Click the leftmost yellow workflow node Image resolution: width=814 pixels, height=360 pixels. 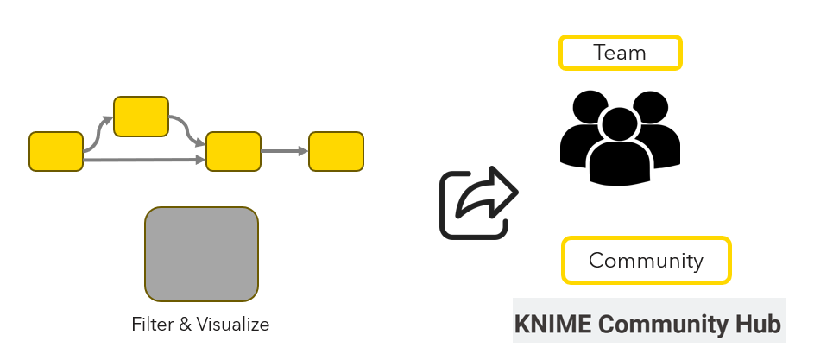tap(56, 152)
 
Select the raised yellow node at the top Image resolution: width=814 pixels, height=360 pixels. tap(142, 117)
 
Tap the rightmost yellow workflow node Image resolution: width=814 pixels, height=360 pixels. tap(337, 152)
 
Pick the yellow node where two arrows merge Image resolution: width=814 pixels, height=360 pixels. tap(234, 152)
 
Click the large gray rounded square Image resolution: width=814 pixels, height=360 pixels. tap(201, 254)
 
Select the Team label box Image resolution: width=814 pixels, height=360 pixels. tap(621, 53)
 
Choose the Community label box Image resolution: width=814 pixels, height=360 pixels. tap(647, 260)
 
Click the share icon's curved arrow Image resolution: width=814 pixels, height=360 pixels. tap(488, 193)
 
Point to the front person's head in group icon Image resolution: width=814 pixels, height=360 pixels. tap(620, 124)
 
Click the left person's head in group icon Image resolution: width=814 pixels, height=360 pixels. tap(590, 107)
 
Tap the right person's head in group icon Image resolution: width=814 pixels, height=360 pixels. tap(651, 107)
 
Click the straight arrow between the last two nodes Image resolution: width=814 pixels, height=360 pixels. tap(285, 151)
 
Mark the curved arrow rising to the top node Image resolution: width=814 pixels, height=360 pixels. tap(97, 135)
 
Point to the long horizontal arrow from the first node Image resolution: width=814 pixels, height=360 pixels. tap(144, 161)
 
